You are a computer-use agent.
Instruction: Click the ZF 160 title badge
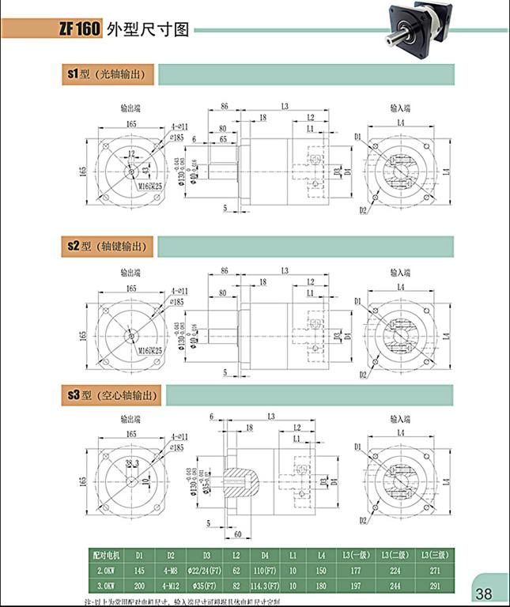(77, 30)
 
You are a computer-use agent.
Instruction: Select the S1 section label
(77, 74)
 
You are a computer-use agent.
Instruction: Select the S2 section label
(77, 247)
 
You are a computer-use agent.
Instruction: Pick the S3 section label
(77, 395)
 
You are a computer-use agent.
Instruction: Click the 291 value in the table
(434, 586)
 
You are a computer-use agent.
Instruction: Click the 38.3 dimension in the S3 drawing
(131, 462)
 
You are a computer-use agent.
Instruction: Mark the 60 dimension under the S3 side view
(237, 534)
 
